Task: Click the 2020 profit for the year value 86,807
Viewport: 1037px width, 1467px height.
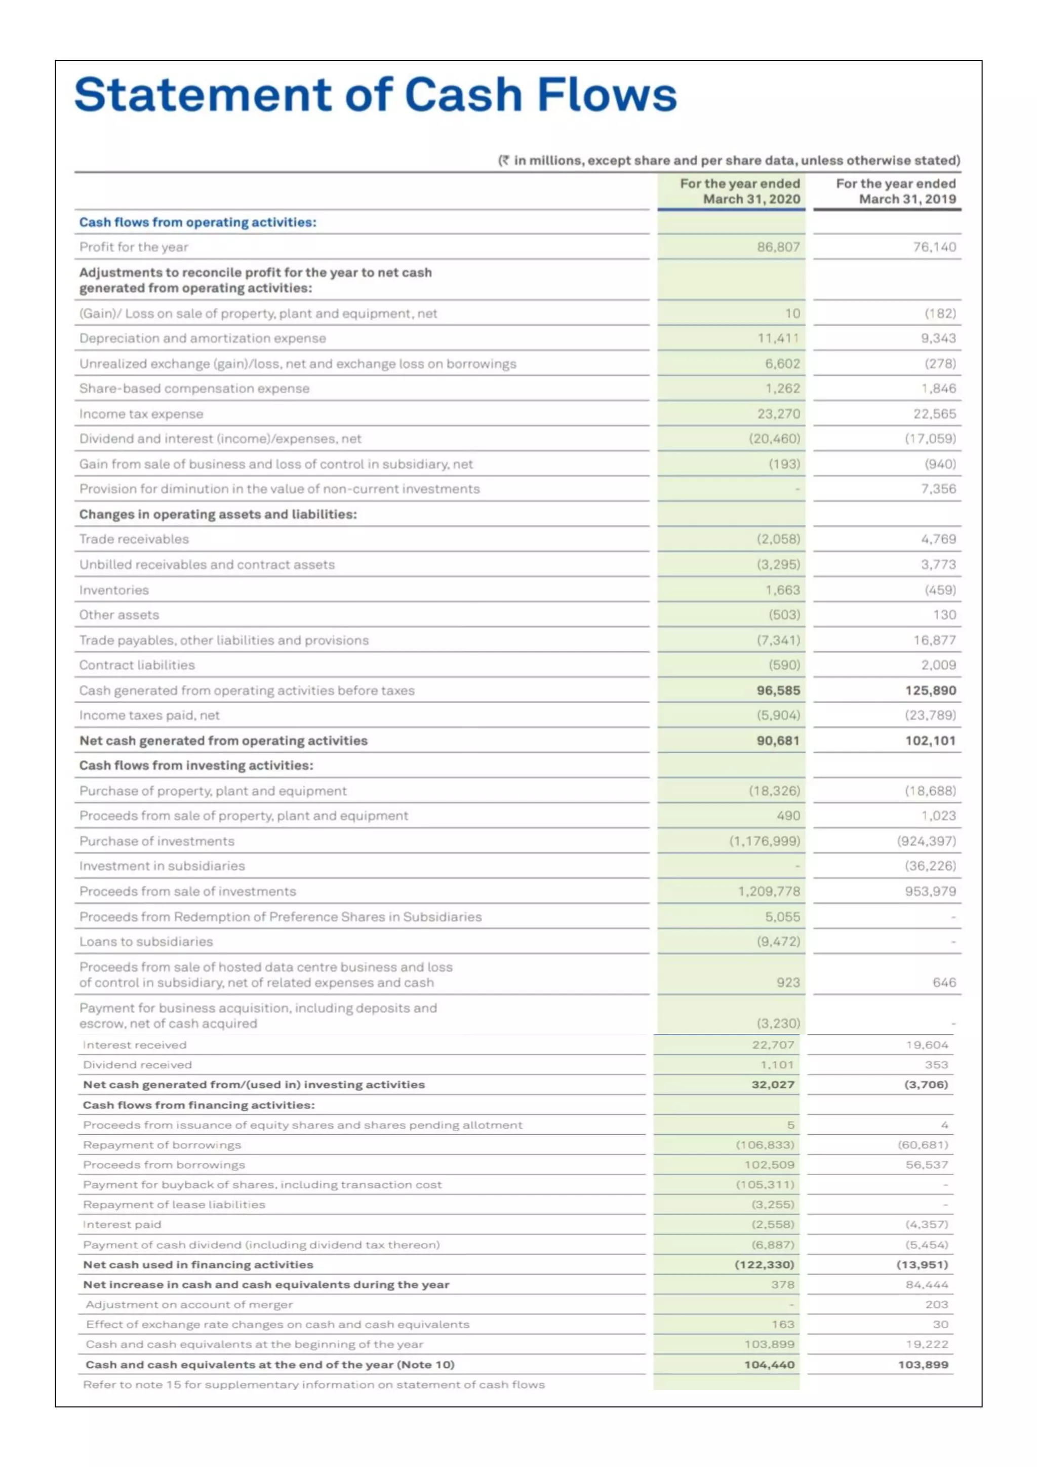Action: [778, 247]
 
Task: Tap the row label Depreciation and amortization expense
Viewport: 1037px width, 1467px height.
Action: [203, 339]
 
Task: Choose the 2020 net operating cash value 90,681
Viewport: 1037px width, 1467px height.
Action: [778, 741]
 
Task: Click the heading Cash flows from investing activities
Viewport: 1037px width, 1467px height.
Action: [196, 765]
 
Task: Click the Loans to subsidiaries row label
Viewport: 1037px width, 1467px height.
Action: [146, 942]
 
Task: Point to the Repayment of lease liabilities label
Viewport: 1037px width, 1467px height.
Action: [174, 1205]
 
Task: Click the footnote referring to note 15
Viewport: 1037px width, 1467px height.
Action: [313, 1384]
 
